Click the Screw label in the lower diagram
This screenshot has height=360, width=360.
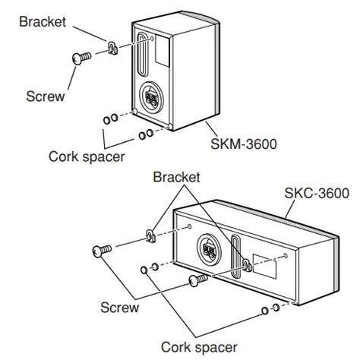point(120,308)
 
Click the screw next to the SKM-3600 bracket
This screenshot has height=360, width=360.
point(79,56)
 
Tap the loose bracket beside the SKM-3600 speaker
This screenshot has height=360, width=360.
point(111,48)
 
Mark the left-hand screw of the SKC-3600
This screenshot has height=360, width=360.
point(103,249)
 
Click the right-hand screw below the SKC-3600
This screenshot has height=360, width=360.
point(197,281)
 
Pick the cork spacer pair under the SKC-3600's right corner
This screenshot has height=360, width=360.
point(268,309)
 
